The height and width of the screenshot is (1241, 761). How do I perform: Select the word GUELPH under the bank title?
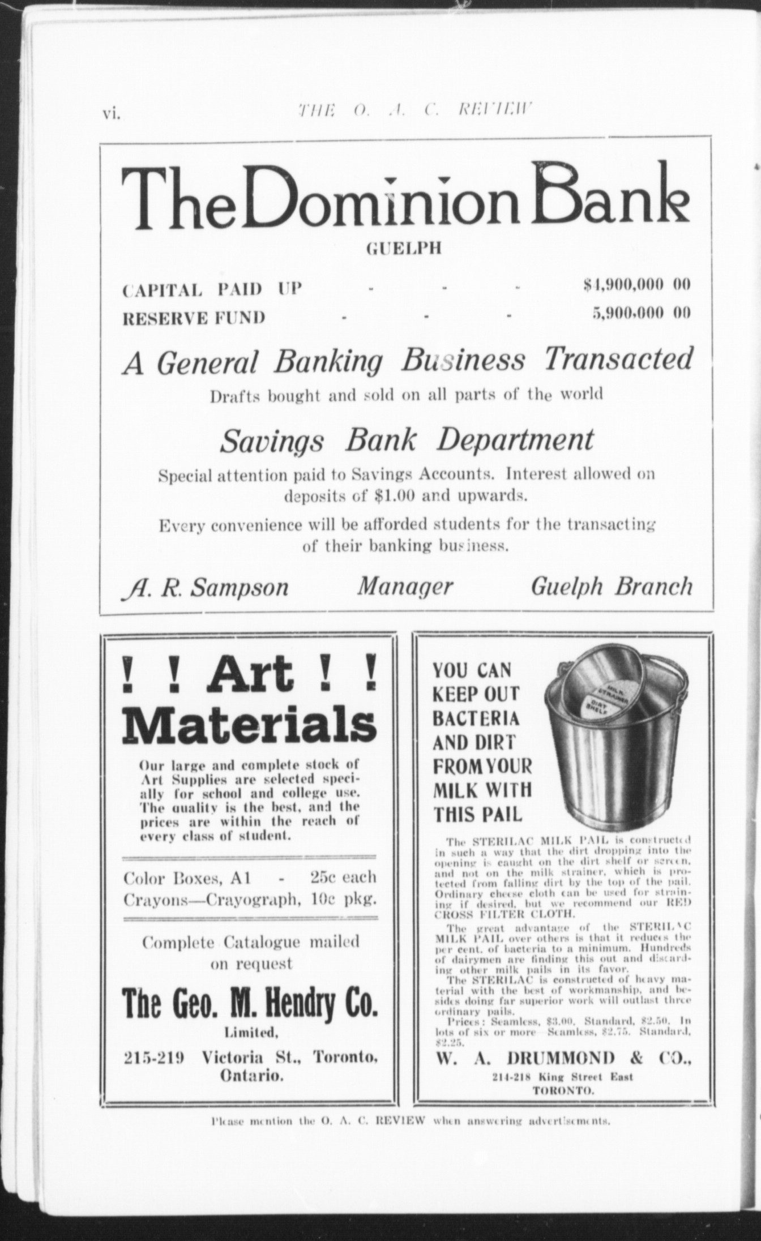[403, 249]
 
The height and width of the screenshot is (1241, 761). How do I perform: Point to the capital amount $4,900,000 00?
[637, 285]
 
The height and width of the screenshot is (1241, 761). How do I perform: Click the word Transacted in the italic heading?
[618, 360]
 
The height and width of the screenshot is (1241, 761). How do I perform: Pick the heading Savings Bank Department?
[407, 440]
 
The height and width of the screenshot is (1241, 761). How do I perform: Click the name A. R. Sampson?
[205, 587]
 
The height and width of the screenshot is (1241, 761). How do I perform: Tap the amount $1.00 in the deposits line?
[395, 497]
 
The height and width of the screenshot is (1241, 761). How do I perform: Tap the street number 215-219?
[154, 1057]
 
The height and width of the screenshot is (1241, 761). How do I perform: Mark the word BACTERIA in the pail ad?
[476, 718]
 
